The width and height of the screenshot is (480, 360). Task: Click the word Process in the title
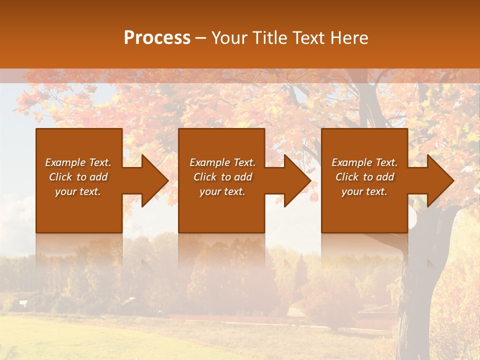tap(157, 38)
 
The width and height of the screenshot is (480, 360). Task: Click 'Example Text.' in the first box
tap(78, 162)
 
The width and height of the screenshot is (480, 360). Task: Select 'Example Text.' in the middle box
tap(222, 162)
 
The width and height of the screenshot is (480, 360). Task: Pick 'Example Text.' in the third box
tap(364, 162)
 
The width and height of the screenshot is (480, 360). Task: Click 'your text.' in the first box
tap(78, 191)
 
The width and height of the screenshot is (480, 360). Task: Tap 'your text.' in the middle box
tap(222, 191)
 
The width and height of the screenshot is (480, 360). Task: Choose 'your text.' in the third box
tap(364, 191)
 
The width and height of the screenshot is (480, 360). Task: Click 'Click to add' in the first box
tap(78, 177)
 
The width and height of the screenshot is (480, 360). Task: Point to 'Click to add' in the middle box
tap(222, 177)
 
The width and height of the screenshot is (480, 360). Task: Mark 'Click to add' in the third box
tap(364, 177)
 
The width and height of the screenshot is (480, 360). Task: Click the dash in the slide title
tap(201, 38)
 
